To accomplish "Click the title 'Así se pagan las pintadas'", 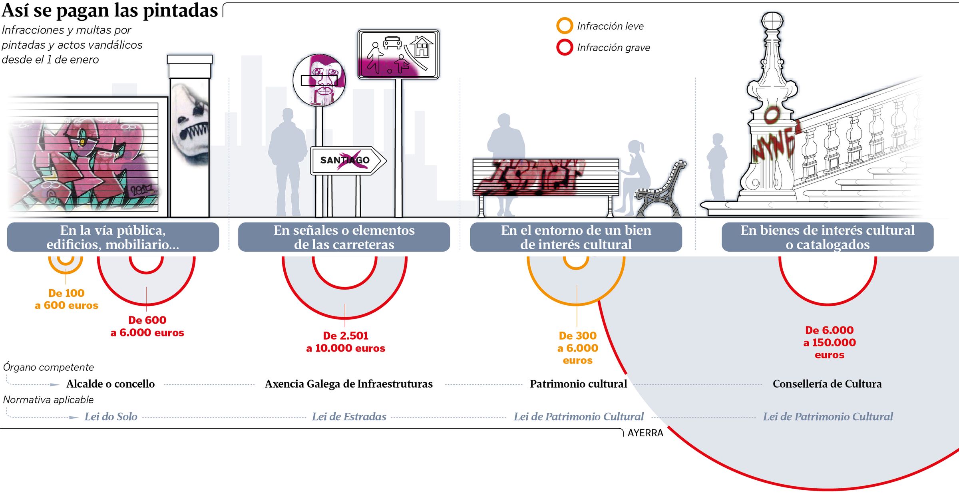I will tap(110, 11).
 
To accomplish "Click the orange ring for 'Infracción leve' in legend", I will tap(565, 26).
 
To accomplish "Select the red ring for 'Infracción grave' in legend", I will tap(565, 47).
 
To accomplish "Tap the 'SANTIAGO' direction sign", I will tap(346, 161).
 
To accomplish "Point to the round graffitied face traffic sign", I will tap(319, 80).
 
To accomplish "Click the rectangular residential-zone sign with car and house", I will tap(398, 54).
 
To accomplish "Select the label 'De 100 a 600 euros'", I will tap(66, 299).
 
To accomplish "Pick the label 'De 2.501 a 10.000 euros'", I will tap(346, 342).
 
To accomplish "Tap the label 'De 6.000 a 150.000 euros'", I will tap(830, 342).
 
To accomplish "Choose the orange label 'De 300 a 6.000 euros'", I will tap(578, 348).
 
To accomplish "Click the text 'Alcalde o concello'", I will tap(110, 384).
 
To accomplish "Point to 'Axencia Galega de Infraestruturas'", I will tap(349, 384).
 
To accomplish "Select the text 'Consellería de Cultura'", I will tap(827, 384).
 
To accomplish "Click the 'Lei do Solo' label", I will tap(111, 417).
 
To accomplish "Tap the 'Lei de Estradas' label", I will tap(349, 417).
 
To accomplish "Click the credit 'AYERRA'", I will tap(645, 433).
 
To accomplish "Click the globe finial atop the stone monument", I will tap(772, 20).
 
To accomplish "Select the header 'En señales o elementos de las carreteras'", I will tap(344, 237).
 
